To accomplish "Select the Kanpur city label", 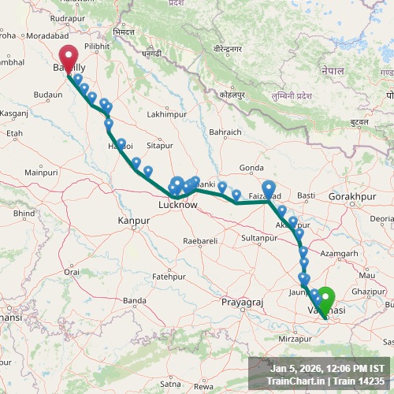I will [133, 220].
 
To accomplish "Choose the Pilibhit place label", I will [98, 46].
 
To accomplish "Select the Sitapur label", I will [159, 146].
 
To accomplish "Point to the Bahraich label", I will [225, 132].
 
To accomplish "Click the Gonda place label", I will [251, 168].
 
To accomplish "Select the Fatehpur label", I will [168, 277].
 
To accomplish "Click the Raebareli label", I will [199, 240].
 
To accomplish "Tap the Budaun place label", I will [48, 95].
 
